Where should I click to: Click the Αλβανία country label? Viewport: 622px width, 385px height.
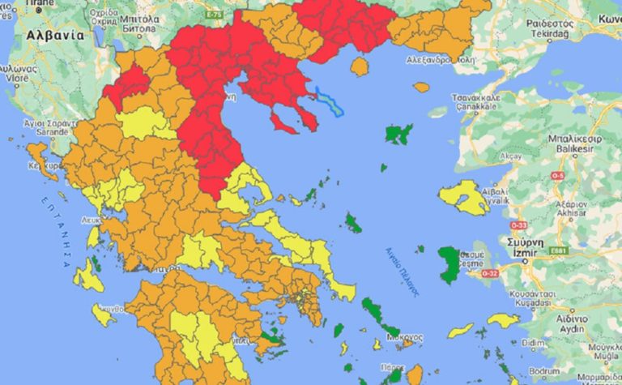[54, 36]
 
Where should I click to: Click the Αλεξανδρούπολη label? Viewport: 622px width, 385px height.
[438, 59]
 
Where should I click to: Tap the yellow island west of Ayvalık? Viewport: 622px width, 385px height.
[462, 195]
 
